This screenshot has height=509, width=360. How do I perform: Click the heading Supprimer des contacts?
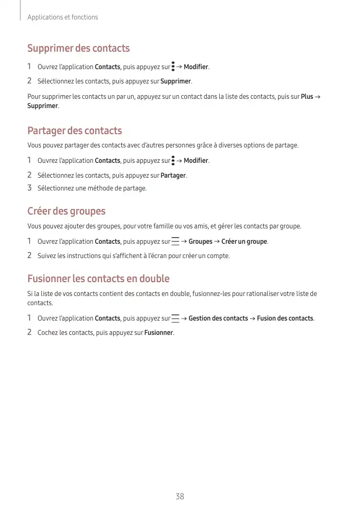tap(78, 49)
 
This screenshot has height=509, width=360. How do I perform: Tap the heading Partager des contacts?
tap(74, 131)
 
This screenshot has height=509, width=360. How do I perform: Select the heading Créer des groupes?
tap(66, 211)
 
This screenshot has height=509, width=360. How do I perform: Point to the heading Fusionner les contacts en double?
tap(98, 279)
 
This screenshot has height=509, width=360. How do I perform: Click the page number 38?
tap(180, 496)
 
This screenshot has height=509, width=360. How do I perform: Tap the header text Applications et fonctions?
tap(62, 17)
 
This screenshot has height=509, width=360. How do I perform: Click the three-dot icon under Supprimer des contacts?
tap(173, 67)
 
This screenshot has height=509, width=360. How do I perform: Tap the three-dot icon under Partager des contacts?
tap(173, 160)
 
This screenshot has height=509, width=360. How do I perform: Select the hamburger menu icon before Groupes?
tap(176, 241)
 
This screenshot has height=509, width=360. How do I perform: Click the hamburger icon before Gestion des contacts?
tap(176, 318)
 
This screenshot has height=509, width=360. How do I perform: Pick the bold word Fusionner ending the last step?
tap(159, 333)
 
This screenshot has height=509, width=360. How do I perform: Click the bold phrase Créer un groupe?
tap(244, 241)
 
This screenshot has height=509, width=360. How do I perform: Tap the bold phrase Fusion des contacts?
tap(285, 318)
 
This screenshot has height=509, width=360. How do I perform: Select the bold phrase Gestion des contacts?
tap(218, 318)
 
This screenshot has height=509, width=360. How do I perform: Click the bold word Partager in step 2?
tap(173, 176)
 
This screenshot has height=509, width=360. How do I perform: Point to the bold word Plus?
tap(307, 96)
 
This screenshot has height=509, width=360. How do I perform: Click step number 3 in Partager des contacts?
tap(30, 188)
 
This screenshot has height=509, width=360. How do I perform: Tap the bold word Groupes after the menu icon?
tap(200, 241)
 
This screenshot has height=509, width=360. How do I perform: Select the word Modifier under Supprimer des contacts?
tap(196, 67)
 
